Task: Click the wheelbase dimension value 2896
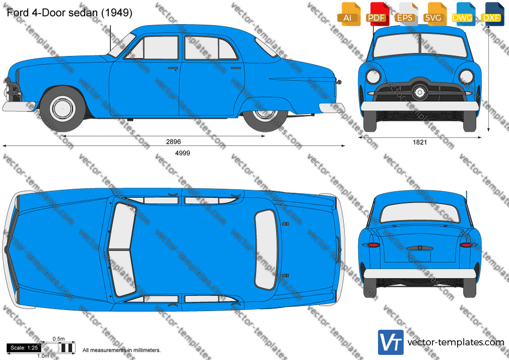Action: point(173,142)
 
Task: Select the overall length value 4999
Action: point(182,153)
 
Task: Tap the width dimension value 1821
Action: point(420,142)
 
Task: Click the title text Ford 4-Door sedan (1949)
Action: point(70,13)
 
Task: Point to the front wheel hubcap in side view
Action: point(62,108)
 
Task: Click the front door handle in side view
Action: point(173,68)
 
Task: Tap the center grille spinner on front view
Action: point(420,92)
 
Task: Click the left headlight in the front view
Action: point(373,77)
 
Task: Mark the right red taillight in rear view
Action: point(466,245)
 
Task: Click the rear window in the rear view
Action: point(420,213)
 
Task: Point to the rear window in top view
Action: point(266,250)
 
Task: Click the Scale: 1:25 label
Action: point(24,348)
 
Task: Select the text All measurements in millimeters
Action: point(121,350)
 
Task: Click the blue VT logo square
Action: point(391,342)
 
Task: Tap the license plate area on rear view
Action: point(420,256)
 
